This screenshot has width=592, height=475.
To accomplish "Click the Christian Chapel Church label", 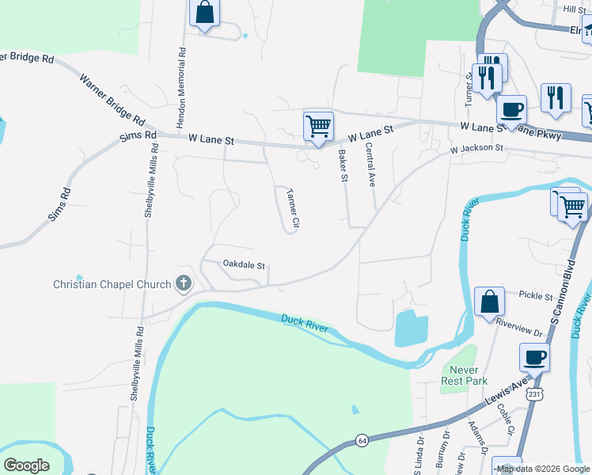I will (x=112, y=284).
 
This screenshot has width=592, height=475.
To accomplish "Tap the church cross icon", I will (x=184, y=283).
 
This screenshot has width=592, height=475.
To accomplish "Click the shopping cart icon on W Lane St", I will (x=318, y=127).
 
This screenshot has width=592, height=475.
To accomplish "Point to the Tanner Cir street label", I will (x=293, y=208).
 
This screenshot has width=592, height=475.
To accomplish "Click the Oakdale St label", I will (x=243, y=264).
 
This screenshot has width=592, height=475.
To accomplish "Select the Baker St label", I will (x=343, y=166).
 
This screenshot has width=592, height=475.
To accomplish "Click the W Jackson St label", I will (x=476, y=148).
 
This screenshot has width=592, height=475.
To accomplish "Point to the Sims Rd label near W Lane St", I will (x=139, y=135).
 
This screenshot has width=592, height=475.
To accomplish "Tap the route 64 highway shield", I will (x=362, y=439).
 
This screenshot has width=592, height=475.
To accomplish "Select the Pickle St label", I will (x=536, y=296).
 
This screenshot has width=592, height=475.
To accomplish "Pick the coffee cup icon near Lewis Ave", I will (x=535, y=357).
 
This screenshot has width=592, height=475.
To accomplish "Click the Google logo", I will (x=26, y=465).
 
